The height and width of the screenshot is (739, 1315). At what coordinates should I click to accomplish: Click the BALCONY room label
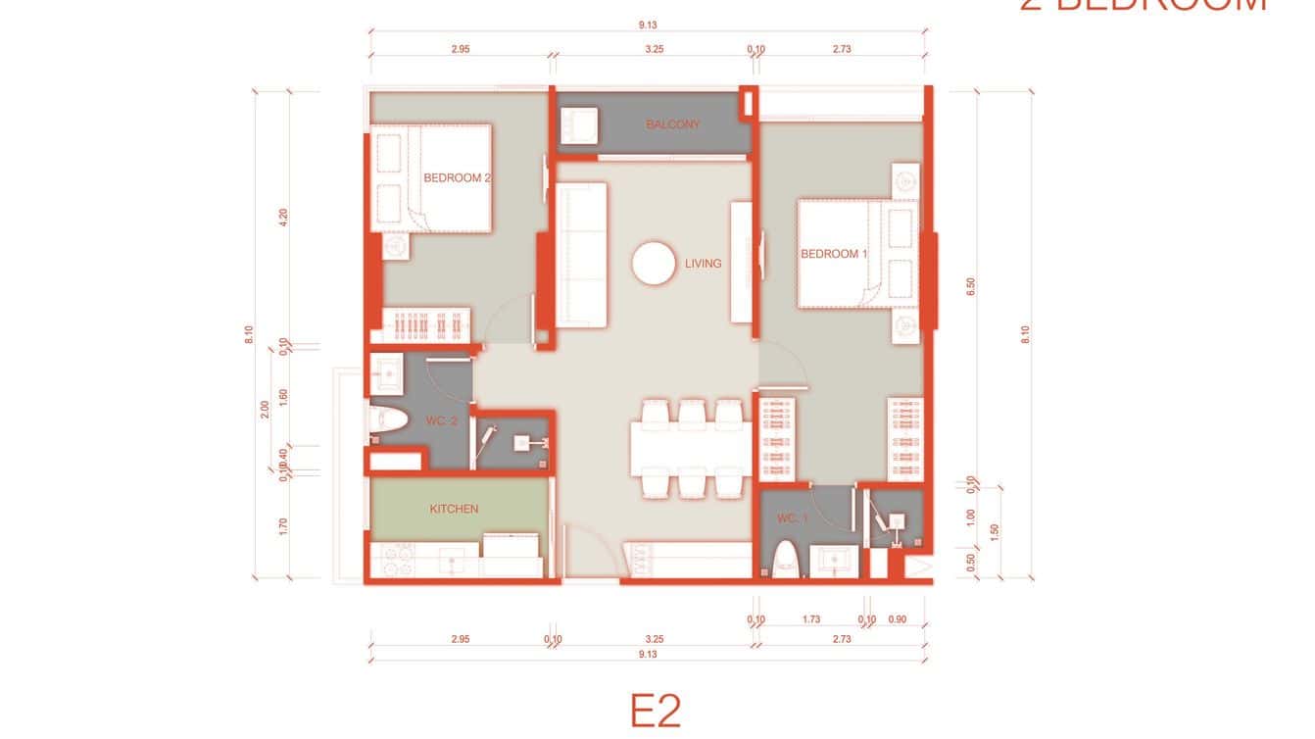click(x=672, y=124)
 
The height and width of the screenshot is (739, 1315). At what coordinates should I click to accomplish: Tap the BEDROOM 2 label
click(x=457, y=178)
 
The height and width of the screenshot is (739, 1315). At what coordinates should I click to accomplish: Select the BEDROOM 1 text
click(x=834, y=254)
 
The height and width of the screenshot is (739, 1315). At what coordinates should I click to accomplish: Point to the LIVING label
click(x=703, y=264)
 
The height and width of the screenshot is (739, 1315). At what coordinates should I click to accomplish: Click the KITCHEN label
click(x=454, y=509)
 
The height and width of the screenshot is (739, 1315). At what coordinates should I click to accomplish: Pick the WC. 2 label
click(x=442, y=421)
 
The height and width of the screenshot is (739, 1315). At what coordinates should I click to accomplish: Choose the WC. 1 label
click(x=791, y=518)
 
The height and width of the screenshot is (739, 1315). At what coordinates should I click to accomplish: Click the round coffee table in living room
click(x=653, y=264)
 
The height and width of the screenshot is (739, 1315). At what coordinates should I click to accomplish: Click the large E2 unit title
click(x=655, y=711)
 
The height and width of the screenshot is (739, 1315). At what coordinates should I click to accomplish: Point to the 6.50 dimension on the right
click(x=971, y=286)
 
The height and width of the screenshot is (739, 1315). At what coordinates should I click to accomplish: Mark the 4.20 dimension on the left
click(x=284, y=218)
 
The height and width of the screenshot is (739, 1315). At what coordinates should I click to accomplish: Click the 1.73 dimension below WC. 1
click(x=810, y=619)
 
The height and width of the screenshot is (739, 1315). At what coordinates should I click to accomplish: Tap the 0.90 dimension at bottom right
click(x=897, y=619)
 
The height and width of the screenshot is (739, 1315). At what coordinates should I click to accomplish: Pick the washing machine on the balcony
click(x=578, y=124)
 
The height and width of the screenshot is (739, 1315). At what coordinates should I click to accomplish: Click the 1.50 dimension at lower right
click(x=996, y=530)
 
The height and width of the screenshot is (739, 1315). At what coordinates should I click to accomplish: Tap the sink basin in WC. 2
click(x=386, y=371)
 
